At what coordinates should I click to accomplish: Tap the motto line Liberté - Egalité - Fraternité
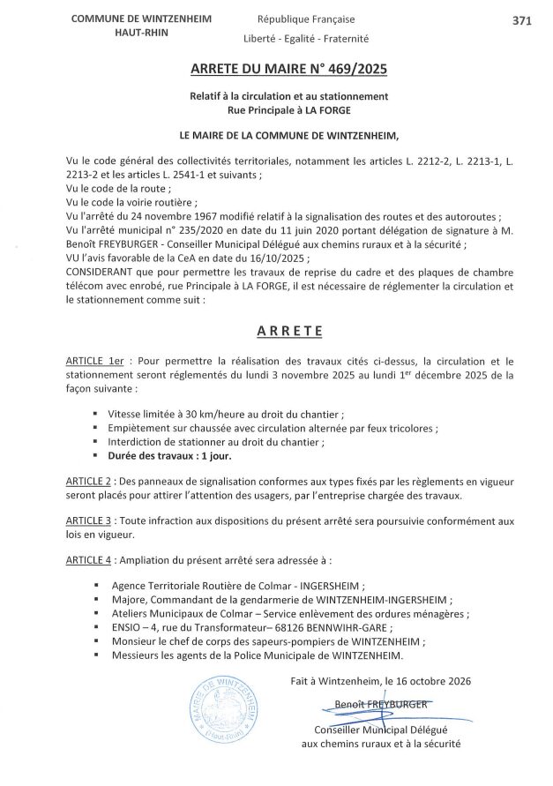306,39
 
